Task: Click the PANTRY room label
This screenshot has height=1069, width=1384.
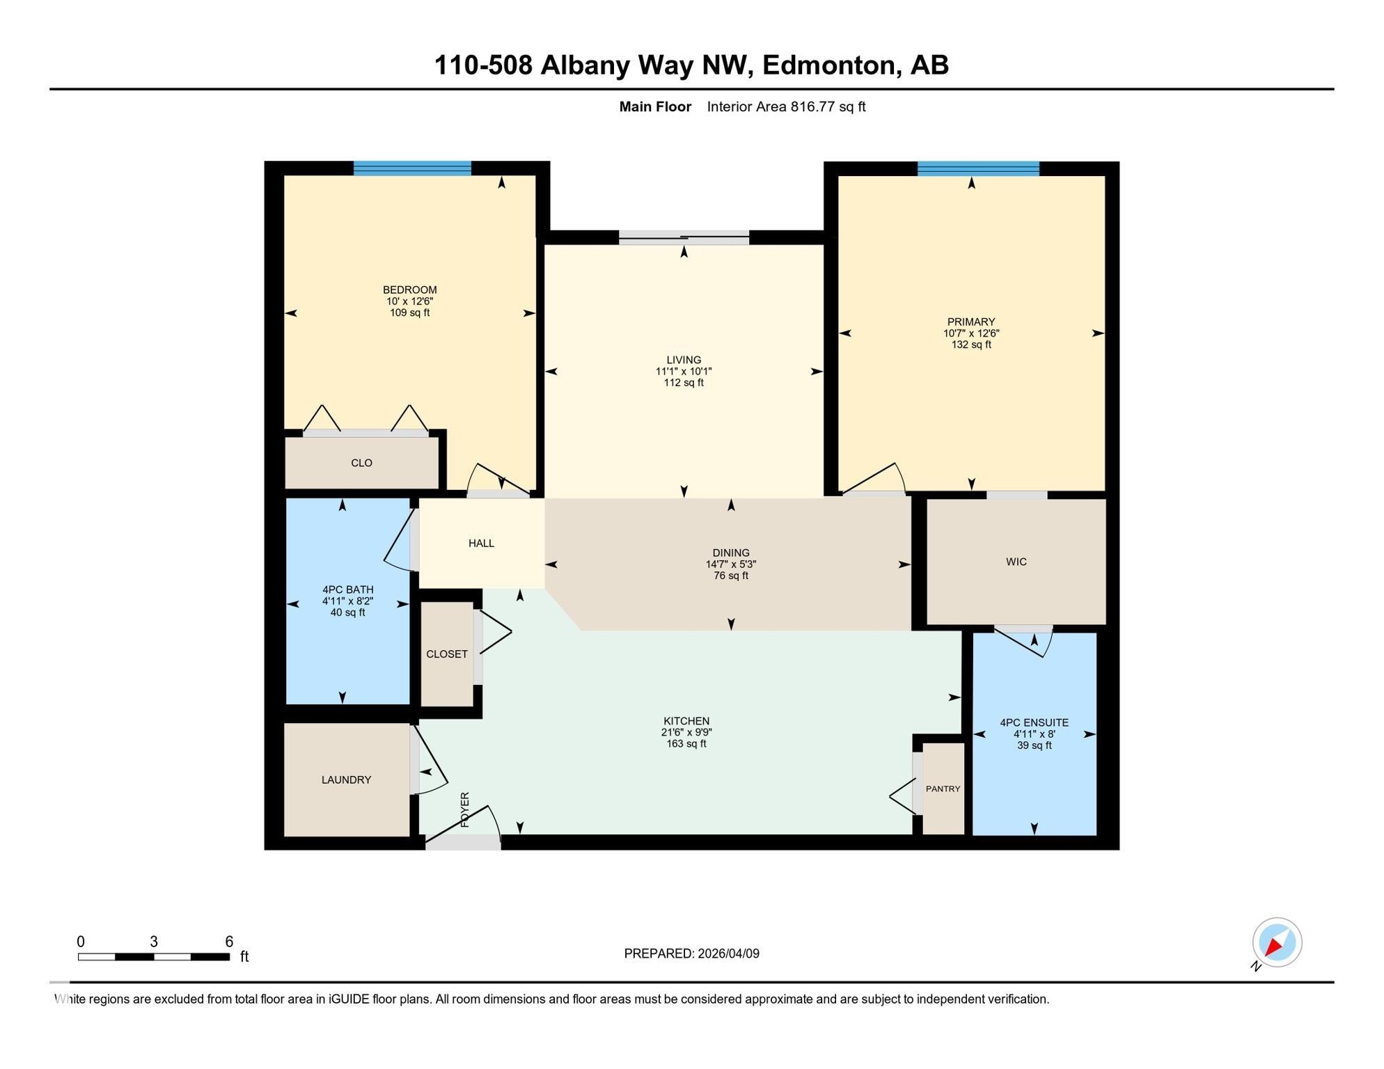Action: (943, 789)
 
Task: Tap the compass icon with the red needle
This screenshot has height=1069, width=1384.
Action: (1277, 942)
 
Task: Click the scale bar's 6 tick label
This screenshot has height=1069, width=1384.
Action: (229, 942)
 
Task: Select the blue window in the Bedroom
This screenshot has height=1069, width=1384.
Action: (412, 168)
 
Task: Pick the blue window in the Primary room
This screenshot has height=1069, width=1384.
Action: (978, 168)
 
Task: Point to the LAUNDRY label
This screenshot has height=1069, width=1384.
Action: (346, 779)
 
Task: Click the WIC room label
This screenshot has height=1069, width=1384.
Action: (1016, 562)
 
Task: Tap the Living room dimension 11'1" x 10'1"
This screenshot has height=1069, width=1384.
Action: (684, 372)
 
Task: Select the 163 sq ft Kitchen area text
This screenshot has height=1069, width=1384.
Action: (686, 743)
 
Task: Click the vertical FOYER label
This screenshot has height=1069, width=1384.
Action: (465, 809)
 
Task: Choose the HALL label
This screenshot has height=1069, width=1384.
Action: (481, 543)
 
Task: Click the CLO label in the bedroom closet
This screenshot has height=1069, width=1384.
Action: (361, 463)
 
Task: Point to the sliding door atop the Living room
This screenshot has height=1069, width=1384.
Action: (684, 238)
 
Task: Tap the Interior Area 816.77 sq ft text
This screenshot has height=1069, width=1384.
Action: (786, 106)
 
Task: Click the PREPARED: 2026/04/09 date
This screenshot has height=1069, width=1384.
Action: (691, 953)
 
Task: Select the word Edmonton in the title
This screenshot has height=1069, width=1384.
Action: (828, 65)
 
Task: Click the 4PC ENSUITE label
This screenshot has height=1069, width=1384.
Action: (1034, 722)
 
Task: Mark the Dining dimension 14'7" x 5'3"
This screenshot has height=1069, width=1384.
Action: (730, 564)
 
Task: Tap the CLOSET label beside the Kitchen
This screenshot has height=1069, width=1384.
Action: (447, 654)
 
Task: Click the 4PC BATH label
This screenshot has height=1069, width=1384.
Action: (347, 589)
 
